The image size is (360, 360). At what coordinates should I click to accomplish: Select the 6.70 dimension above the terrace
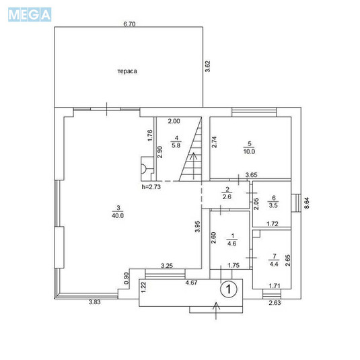pyautogui.click(x=130, y=24)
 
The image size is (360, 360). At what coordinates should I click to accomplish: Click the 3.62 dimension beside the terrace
pyautogui.click(x=208, y=66)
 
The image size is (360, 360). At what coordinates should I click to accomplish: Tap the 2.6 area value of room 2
pyautogui.click(x=227, y=196)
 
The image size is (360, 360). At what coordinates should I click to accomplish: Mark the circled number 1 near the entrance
pyautogui.click(x=229, y=289)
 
